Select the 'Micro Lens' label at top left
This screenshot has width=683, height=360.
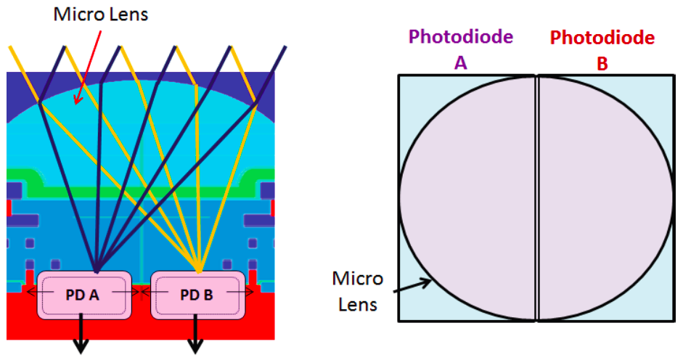[x=101, y=15]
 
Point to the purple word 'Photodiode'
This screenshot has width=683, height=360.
[x=460, y=37]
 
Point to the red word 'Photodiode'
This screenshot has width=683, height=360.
[x=602, y=37]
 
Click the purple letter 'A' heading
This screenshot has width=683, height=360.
[x=460, y=63]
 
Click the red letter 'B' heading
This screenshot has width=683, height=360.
[x=602, y=63]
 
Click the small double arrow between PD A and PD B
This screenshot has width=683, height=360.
[x=142, y=292]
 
